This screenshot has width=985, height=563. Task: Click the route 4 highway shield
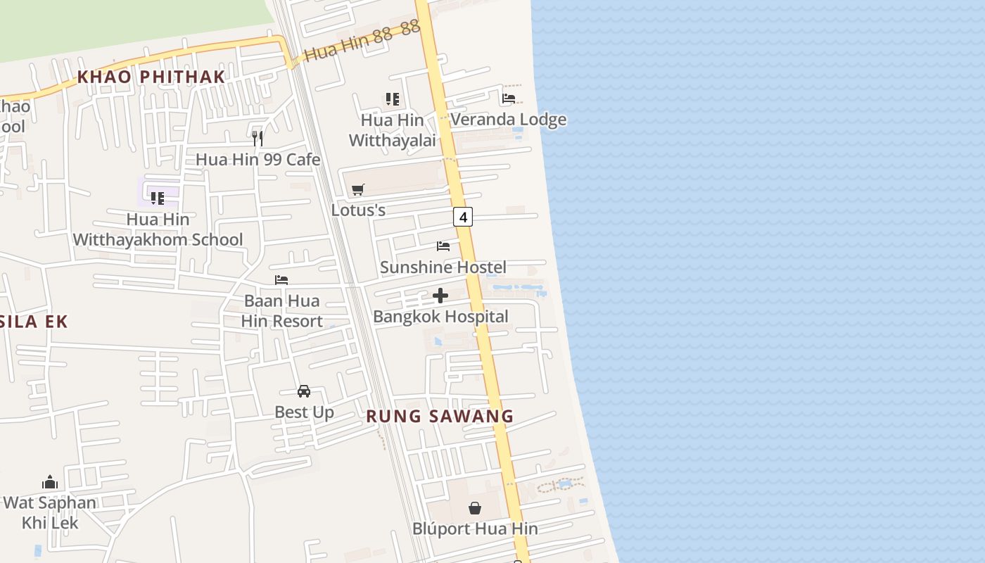pyautogui.click(x=462, y=217)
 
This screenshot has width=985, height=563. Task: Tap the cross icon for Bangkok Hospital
pyautogui.click(x=440, y=296)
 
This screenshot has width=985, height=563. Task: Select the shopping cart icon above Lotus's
pyautogui.click(x=358, y=189)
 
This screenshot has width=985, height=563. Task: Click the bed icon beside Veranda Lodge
pyautogui.click(x=509, y=99)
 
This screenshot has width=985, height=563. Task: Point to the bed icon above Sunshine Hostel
pyautogui.click(x=443, y=246)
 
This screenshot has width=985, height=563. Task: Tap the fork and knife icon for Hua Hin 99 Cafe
pyautogui.click(x=258, y=138)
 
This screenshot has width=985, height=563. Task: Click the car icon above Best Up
pyautogui.click(x=304, y=391)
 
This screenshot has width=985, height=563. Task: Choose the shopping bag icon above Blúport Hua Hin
pyautogui.click(x=475, y=507)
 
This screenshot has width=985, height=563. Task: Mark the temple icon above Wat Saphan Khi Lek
pyautogui.click(x=49, y=482)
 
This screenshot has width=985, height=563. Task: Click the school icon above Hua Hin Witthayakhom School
pyautogui.click(x=158, y=198)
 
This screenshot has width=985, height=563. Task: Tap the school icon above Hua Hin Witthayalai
pyautogui.click(x=392, y=99)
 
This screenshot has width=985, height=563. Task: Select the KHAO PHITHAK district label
pyautogui.click(x=151, y=77)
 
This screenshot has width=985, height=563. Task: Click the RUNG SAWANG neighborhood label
pyautogui.click(x=440, y=416)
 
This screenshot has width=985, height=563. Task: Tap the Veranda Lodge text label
pyautogui.click(x=508, y=120)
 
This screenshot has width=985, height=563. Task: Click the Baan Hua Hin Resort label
pyautogui.click(x=281, y=311)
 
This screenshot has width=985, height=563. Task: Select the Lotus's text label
pyautogui.click(x=358, y=210)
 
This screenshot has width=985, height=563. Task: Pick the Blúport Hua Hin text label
pyautogui.click(x=475, y=529)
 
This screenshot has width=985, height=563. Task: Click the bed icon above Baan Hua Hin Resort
pyautogui.click(x=281, y=280)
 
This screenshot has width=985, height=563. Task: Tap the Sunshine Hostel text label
pyautogui.click(x=443, y=267)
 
